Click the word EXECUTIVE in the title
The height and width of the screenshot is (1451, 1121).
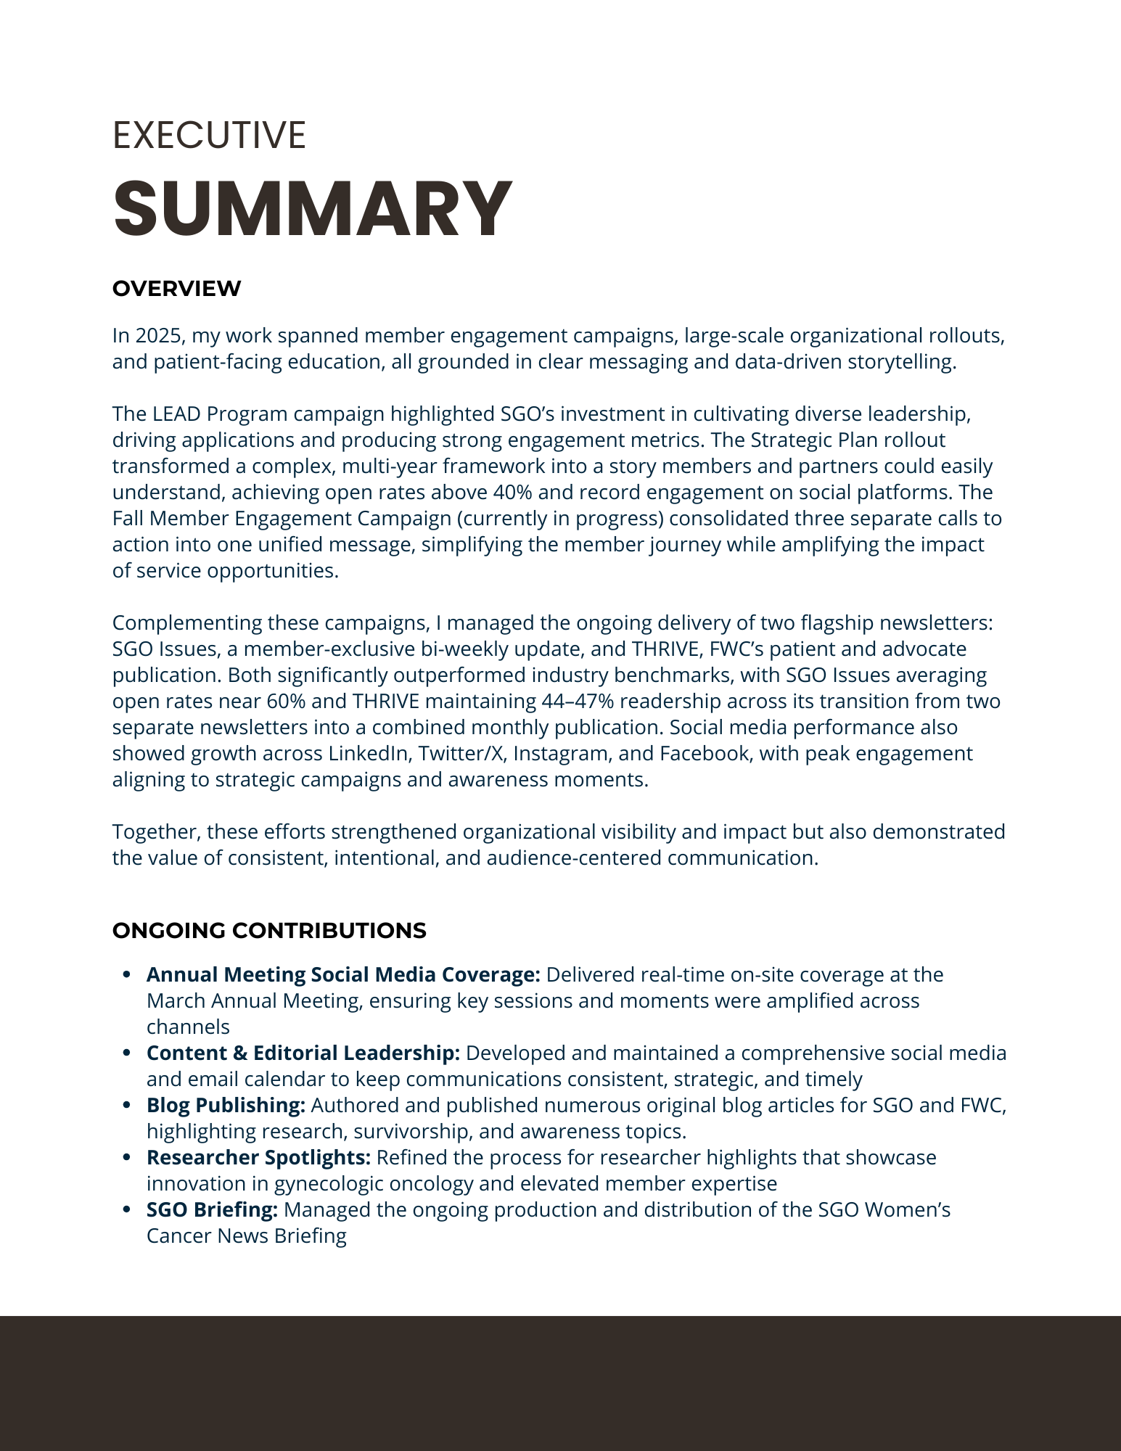click(209, 136)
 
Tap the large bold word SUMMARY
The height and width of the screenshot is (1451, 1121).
click(312, 208)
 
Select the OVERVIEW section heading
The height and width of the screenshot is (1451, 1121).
click(176, 289)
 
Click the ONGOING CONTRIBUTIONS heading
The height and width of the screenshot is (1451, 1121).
click(269, 931)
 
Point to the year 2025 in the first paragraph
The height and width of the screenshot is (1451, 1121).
click(160, 336)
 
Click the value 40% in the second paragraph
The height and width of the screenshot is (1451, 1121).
click(512, 493)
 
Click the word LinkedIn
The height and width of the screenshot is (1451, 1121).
click(368, 754)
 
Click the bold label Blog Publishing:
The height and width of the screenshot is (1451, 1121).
click(226, 1105)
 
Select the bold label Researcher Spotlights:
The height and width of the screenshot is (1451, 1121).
click(258, 1157)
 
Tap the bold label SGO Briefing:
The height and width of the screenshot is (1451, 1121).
click(212, 1209)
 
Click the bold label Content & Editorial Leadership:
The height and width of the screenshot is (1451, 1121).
click(303, 1053)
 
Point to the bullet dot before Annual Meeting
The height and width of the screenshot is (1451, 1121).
click(128, 975)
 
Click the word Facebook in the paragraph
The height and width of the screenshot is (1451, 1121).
click(704, 754)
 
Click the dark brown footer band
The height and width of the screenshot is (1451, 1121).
click(560, 1383)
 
